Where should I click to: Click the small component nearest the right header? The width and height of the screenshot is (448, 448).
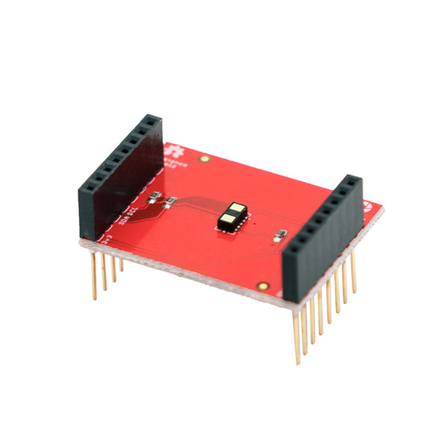click(x=279, y=235)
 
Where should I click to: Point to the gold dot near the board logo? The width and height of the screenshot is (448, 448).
click(x=204, y=159)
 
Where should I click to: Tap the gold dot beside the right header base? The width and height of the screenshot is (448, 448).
click(x=261, y=286)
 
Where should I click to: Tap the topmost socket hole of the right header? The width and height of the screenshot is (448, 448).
click(x=351, y=181)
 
